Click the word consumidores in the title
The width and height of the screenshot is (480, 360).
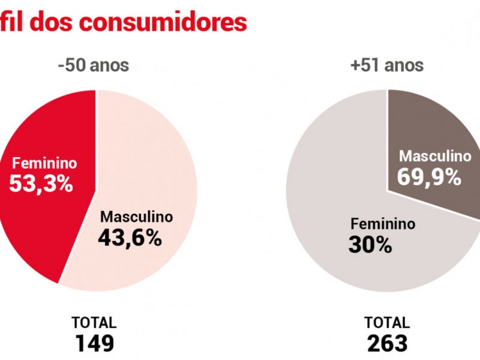coord(163,22)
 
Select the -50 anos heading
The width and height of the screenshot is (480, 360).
coord(94,65)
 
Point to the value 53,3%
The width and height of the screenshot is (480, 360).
coord(41,183)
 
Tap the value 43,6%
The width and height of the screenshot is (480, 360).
coord(130,238)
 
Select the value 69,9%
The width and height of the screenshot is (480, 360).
coord(428,176)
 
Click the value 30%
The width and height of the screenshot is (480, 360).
coord(370,245)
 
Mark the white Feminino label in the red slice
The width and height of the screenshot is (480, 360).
coord(46,163)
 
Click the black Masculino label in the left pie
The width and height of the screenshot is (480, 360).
coord(136,217)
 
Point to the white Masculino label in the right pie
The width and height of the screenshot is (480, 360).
coord(436,156)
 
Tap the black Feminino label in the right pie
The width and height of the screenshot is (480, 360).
coord(383,224)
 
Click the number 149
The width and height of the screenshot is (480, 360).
coord(94,343)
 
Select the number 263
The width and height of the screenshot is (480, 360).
coord(388,343)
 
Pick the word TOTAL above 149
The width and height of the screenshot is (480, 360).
coord(94,322)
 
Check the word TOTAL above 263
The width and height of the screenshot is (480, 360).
coord(388,322)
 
